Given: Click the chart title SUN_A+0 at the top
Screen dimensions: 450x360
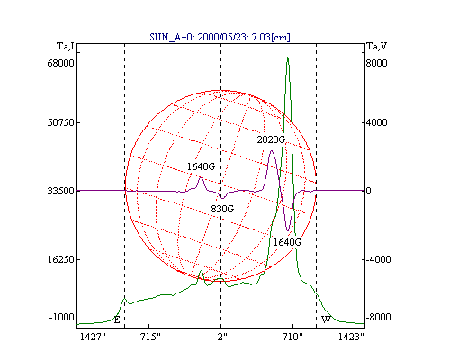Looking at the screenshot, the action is click(x=220, y=37).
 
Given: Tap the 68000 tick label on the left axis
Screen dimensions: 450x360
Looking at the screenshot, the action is click(x=60, y=63).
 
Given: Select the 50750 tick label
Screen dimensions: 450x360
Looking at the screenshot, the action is click(x=60, y=122).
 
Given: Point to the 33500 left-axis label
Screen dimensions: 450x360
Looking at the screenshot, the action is click(x=60, y=191).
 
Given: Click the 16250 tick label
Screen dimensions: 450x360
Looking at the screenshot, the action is click(x=60, y=259).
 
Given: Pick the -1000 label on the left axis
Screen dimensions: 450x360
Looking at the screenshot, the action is click(x=61, y=317).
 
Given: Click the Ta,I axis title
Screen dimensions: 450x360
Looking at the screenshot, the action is click(x=66, y=47).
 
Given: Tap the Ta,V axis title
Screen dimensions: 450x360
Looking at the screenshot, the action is click(x=377, y=47).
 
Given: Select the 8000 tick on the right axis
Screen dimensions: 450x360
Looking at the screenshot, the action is click(x=376, y=63).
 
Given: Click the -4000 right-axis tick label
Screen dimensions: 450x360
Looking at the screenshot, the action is click(x=378, y=259).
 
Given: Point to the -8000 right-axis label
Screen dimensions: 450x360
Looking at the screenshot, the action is click(x=378, y=317).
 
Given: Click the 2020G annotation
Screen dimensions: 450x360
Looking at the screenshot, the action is click(x=271, y=139).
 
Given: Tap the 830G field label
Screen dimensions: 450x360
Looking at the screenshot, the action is click(x=222, y=209).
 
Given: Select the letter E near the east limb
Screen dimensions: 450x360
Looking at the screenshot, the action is click(x=117, y=319).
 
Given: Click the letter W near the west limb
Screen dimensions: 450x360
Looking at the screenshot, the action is click(x=326, y=319).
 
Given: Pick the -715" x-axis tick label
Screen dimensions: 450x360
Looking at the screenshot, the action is click(x=148, y=337).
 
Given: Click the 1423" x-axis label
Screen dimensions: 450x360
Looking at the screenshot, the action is click(x=351, y=337).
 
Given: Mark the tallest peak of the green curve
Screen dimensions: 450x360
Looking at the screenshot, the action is click(x=287, y=57).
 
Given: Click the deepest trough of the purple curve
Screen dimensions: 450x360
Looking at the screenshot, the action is click(x=288, y=230).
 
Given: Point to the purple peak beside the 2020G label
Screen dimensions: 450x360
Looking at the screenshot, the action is click(x=272, y=151).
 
